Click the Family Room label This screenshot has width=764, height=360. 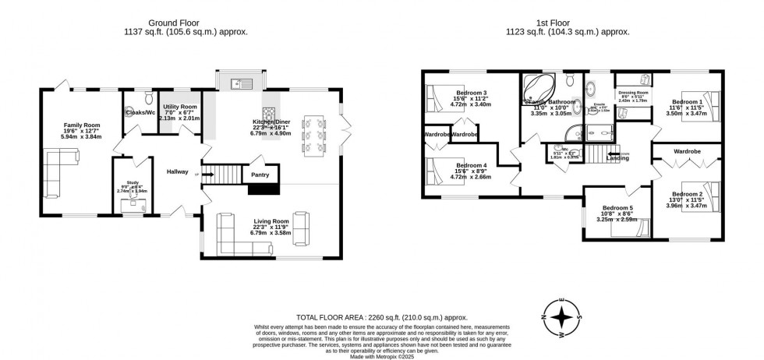pos(81,124)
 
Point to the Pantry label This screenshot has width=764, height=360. pos(260,176)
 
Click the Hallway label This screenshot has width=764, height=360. pos(177,172)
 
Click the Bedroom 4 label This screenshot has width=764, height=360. pos(472,165)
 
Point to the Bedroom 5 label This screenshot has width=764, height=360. pos(617,208)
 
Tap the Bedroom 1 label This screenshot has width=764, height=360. pos(687,102)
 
